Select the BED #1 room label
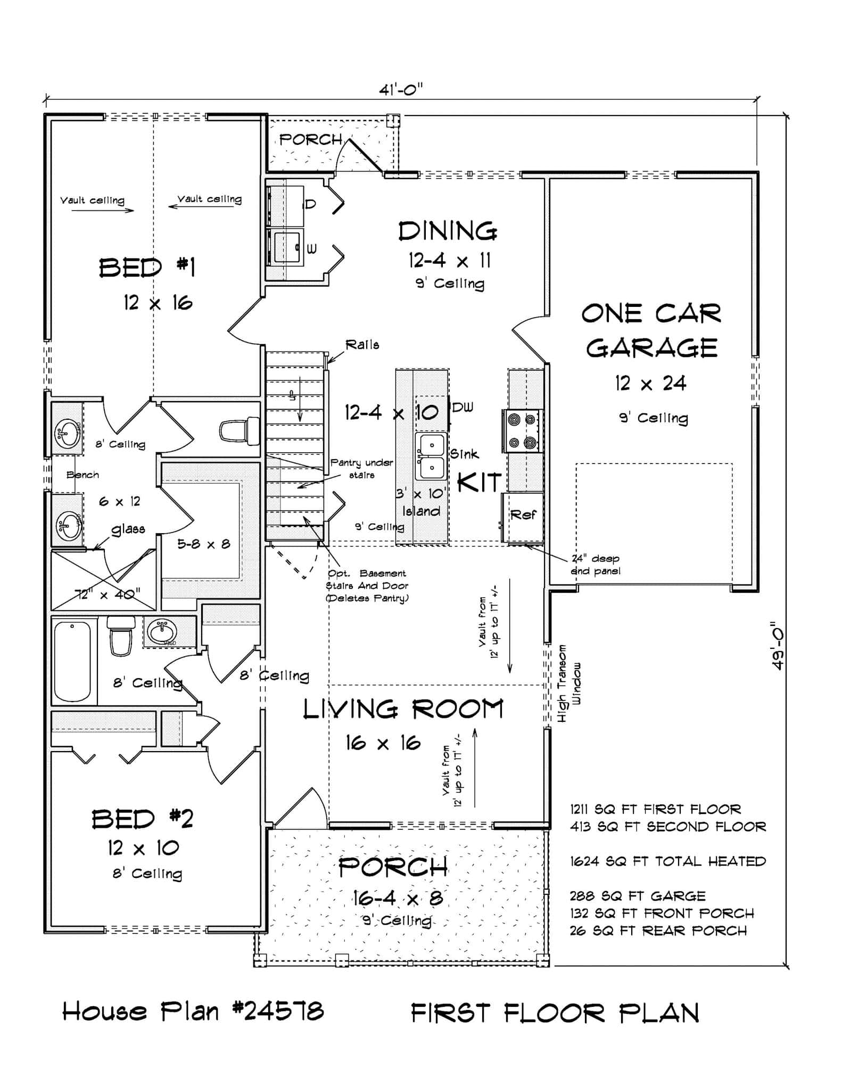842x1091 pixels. point(147,267)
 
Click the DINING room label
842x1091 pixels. point(448,232)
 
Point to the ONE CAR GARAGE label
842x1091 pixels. point(651,331)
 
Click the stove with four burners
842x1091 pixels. point(522,430)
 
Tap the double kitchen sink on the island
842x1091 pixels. point(431,456)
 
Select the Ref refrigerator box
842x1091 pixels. point(523,516)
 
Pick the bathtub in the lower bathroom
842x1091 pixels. point(73,661)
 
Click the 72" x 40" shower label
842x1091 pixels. point(108,593)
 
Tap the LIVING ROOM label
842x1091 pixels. point(403,710)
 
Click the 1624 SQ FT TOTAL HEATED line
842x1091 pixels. point(667,861)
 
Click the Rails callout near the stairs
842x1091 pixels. point(362,345)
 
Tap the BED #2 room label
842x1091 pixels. point(142,819)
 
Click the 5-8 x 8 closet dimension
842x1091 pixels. point(203,544)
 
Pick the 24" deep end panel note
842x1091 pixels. point(595,565)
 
